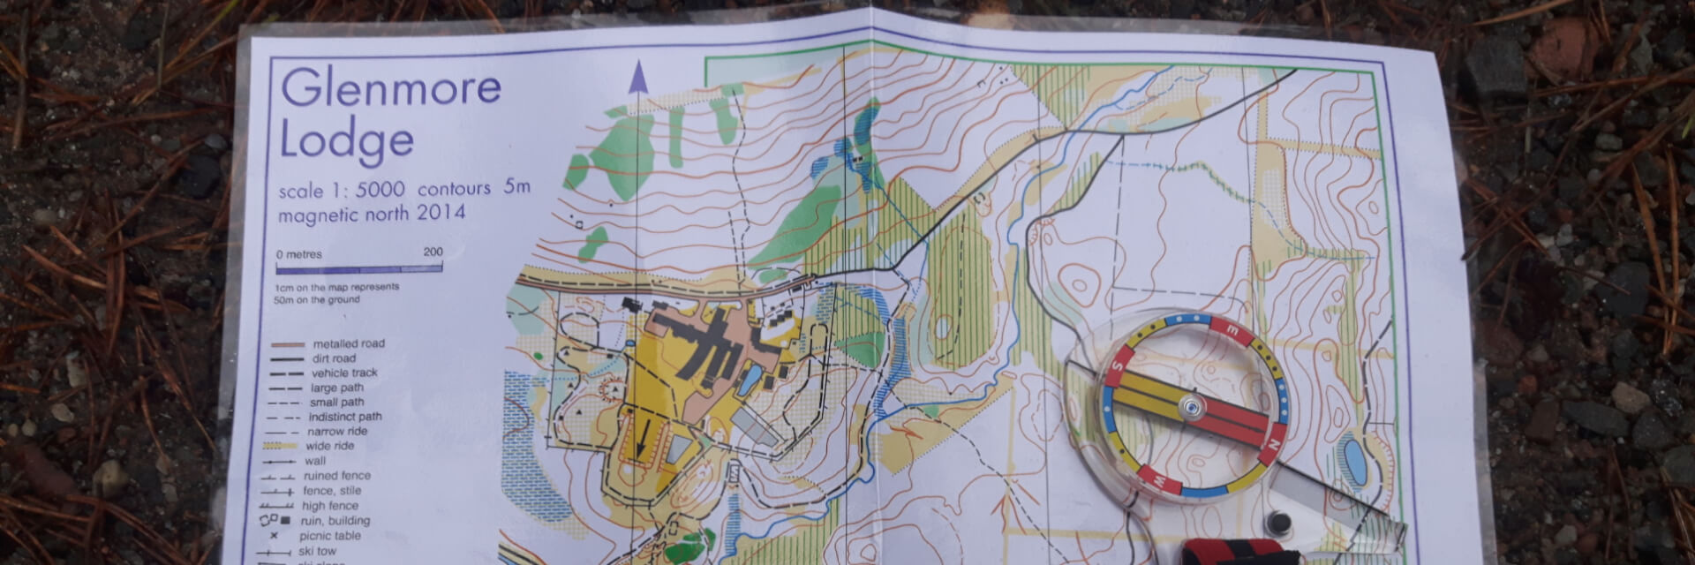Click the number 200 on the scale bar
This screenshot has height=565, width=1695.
(433, 252)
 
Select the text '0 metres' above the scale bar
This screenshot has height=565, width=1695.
(299, 254)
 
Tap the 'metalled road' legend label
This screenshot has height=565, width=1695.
(349, 343)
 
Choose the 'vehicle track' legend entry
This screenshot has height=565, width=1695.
(344, 373)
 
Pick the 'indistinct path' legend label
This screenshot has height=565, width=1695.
(345, 417)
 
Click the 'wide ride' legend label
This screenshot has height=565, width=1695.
(330, 446)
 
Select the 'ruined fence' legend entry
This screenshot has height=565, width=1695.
(336, 476)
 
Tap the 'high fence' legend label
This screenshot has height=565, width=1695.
(330, 506)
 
